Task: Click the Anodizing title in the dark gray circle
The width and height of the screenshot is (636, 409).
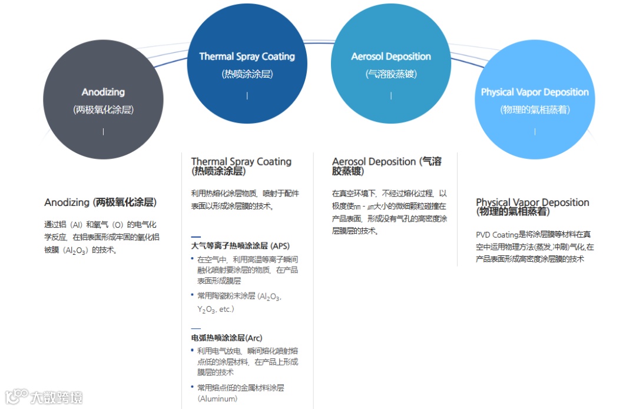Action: point(103,92)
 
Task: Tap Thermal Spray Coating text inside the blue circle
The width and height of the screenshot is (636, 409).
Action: point(247,56)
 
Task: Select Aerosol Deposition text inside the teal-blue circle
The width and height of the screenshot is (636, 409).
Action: point(391,56)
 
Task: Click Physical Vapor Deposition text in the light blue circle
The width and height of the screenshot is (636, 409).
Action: point(535,92)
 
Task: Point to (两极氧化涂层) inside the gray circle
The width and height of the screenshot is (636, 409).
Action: point(103,109)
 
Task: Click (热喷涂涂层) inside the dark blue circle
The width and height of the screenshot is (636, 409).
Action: point(247,74)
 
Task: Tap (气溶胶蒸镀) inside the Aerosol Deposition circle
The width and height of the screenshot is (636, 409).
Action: point(391,74)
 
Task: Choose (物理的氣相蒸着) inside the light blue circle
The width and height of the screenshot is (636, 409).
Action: point(535,109)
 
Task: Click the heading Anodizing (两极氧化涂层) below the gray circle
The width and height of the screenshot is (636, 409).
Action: point(101,202)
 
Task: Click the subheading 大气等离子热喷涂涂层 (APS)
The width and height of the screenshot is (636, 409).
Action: point(240,246)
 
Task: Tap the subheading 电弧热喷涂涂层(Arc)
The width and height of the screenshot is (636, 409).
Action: point(227,338)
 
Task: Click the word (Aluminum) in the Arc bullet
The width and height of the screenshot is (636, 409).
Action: point(217,398)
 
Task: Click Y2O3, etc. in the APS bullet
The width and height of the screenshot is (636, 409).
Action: point(216,309)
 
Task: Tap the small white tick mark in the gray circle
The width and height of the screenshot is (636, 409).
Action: point(103,131)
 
